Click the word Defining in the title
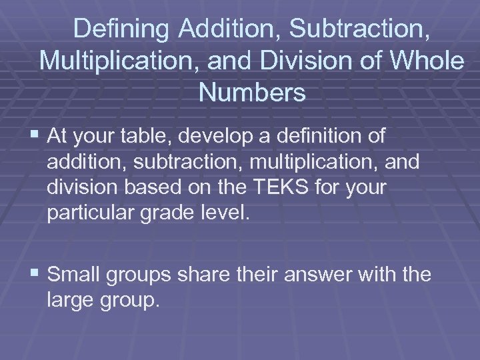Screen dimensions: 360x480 coord(121,29)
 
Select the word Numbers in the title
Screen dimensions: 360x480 coord(251,93)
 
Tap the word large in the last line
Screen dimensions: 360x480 coord(73,300)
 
